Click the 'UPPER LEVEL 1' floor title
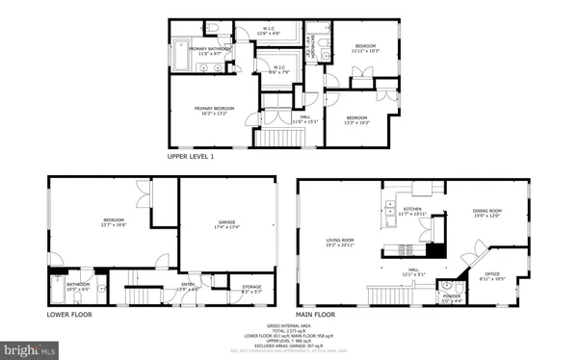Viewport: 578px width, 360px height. (x=191, y=156)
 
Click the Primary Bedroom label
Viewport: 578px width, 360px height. (x=214, y=110)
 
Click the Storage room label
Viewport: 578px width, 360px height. (x=250, y=287)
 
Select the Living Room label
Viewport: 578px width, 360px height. (x=339, y=242)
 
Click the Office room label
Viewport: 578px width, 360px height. (x=492, y=278)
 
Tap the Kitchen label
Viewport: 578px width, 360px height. (x=412, y=209)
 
